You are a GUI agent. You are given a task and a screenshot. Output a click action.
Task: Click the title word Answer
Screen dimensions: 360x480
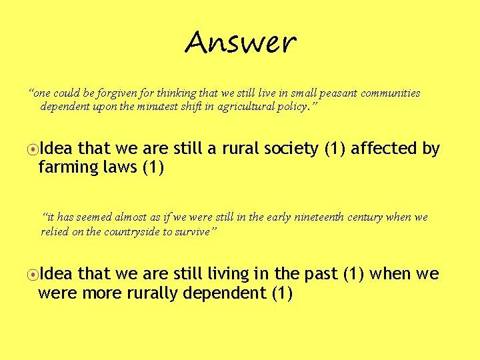pos(240,44)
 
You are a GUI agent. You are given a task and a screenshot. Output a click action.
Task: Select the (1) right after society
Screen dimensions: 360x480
pos(335,149)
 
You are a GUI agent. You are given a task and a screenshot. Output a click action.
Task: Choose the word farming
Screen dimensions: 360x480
pos(65,167)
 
